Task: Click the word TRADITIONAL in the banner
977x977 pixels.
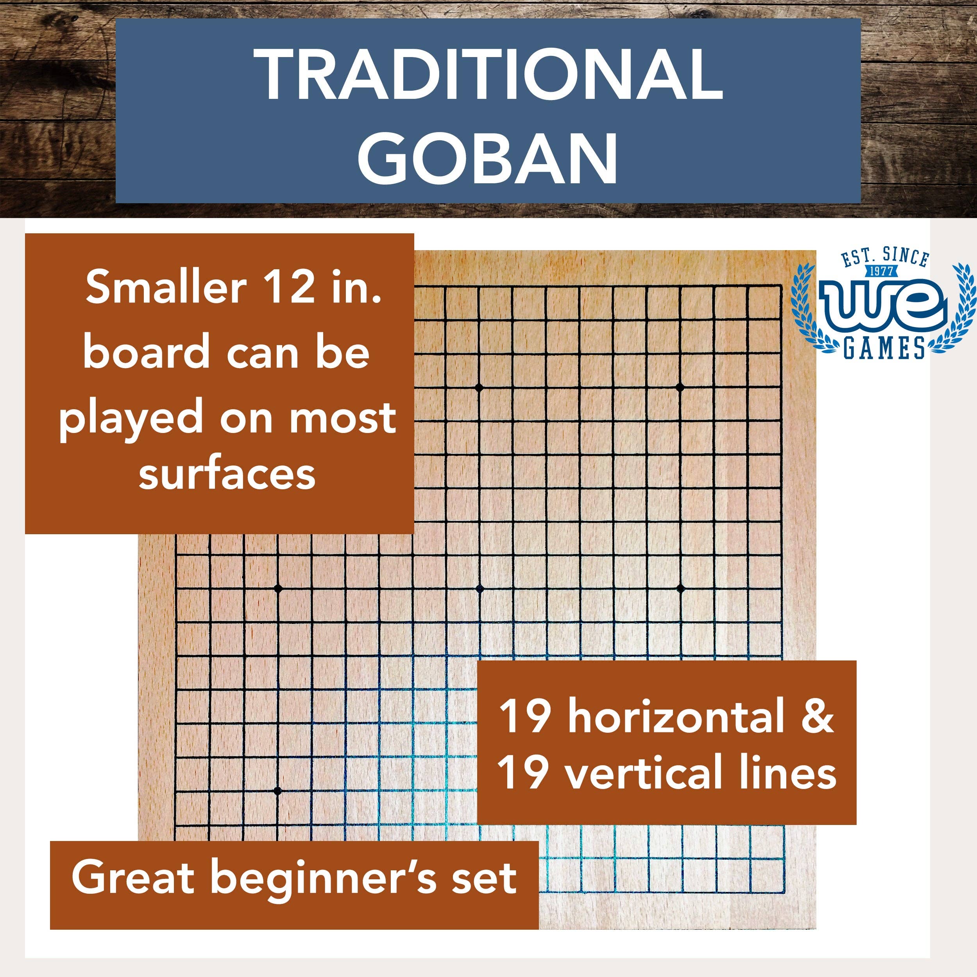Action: coord(488,75)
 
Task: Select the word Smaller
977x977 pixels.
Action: coord(166,288)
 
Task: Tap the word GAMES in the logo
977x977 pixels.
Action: coord(884,347)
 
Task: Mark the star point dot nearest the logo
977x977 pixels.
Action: coord(680,388)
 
